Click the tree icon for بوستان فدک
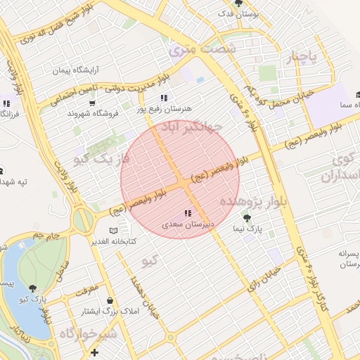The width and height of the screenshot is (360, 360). pyautogui.click(x=239, y=4)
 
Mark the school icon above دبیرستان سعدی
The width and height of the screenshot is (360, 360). pyautogui.click(x=187, y=213)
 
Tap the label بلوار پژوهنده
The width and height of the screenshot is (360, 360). pyautogui.click(x=243, y=202)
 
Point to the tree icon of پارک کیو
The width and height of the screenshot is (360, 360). pyautogui.click(x=33, y=288)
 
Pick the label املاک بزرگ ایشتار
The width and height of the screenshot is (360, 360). pyautogui.click(x=111, y=310)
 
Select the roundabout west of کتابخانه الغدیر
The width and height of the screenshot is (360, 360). pyautogui.click(x=83, y=220)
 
